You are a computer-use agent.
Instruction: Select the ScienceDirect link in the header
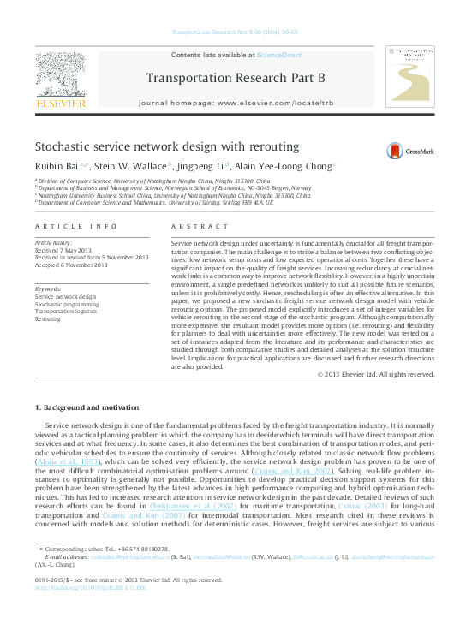(x=279, y=55)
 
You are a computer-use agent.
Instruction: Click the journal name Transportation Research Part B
(x=236, y=79)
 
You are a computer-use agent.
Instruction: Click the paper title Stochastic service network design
(x=167, y=147)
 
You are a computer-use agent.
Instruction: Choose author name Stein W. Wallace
(x=129, y=167)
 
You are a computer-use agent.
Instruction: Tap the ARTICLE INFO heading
(x=76, y=227)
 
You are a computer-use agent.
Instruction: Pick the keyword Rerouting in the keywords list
(x=47, y=318)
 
